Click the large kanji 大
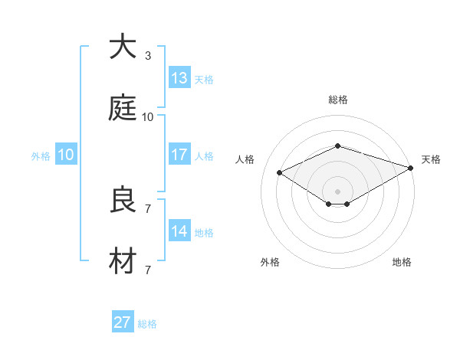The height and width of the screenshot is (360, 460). (x=123, y=46)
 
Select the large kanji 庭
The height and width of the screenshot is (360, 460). (x=123, y=107)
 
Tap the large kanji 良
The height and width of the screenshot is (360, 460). (x=123, y=198)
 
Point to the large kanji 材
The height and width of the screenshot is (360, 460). (x=123, y=260)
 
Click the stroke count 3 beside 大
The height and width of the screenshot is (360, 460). (x=148, y=56)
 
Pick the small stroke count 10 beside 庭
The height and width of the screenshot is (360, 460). (x=147, y=117)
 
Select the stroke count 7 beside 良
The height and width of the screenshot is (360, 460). (x=148, y=209)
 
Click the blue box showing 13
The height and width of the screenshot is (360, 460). (x=179, y=77)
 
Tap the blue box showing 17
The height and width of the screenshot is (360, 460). (x=179, y=154)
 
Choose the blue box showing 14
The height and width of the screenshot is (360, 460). (x=179, y=230)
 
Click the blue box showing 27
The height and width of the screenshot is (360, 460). (x=123, y=321)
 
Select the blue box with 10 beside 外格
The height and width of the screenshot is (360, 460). (x=66, y=154)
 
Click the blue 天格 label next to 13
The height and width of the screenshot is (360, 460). (x=204, y=80)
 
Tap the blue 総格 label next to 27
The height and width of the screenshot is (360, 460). (x=147, y=324)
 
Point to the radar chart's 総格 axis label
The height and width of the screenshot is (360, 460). (x=338, y=100)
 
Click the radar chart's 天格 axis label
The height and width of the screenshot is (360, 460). (x=431, y=159)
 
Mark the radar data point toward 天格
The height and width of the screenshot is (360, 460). (x=411, y=168)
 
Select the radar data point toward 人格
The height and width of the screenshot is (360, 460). (x=280, y=172)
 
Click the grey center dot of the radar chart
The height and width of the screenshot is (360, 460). (x=337, y=191)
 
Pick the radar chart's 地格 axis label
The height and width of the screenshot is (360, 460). (x=402, y=262)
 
